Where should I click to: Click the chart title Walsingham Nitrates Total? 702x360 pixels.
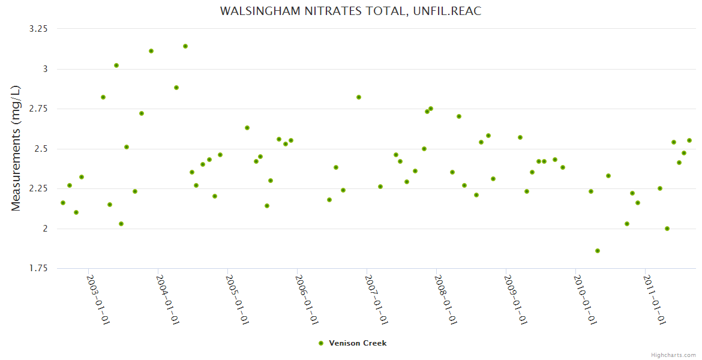350,11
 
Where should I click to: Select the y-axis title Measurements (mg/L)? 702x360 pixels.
16,148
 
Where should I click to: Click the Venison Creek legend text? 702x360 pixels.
358,343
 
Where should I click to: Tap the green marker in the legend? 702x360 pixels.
321,343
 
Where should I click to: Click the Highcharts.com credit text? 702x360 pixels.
673,355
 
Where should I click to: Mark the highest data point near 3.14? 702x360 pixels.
185,46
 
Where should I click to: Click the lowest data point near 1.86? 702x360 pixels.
598,251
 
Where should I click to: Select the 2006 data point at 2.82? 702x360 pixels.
359,97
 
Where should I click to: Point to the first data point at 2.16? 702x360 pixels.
63,203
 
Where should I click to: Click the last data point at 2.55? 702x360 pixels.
689,140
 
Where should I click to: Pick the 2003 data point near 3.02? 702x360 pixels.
116,65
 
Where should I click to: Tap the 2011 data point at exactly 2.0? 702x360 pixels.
667,229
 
